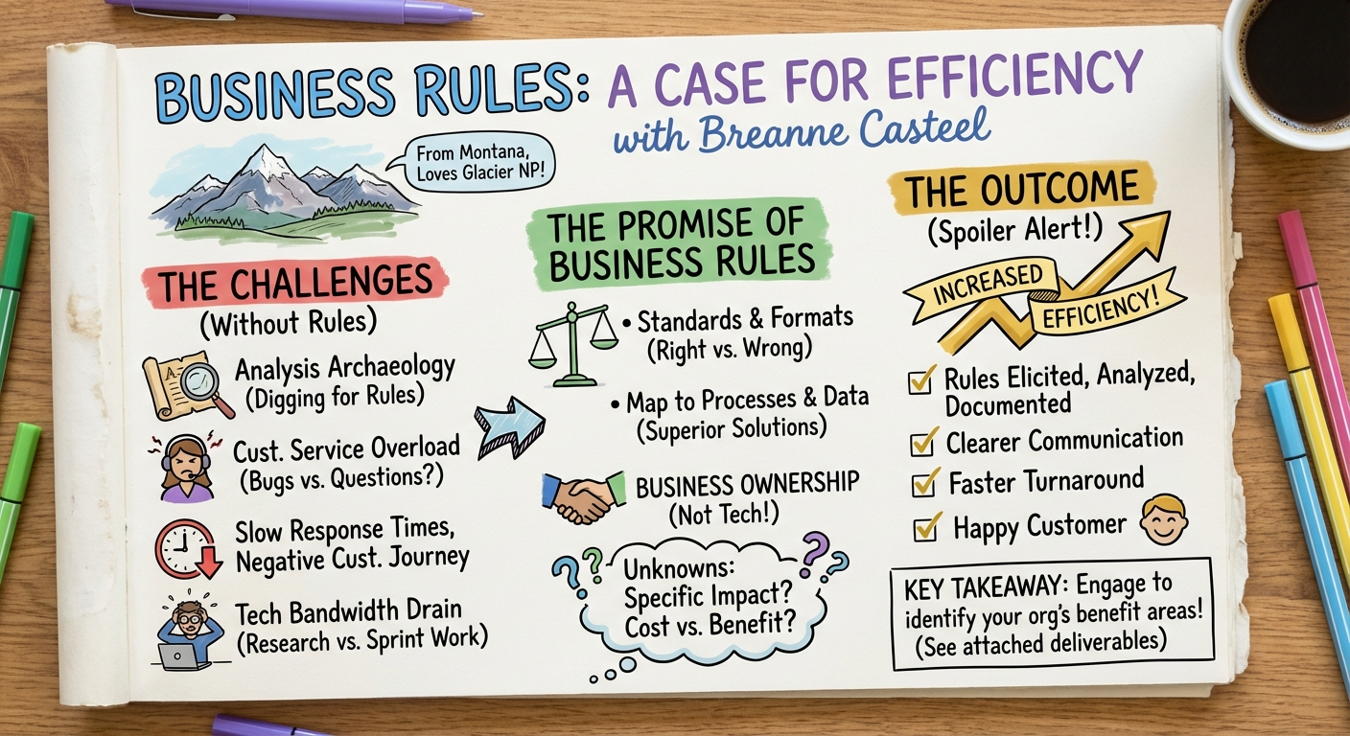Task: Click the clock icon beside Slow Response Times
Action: [x=185, y=549]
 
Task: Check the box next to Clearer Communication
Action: [x=923, y=443]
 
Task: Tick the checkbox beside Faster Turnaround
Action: [x=923, y=483]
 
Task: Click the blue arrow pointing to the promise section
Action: [x=509, y=423]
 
